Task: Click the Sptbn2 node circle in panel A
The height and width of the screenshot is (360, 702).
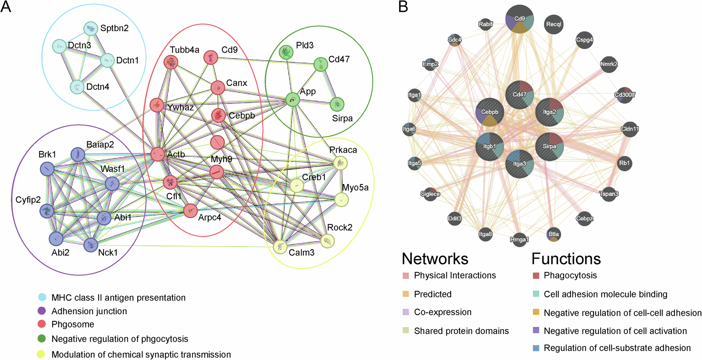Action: pyautogui.click(x=91, y=29)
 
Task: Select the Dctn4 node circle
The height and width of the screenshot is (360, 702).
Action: pyautogui.click(x=77, y=87)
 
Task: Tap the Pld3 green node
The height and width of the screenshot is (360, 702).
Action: pyautogui.click(x=286, y=52)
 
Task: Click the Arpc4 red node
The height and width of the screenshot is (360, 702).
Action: pyautogui.click(x=190, y=211)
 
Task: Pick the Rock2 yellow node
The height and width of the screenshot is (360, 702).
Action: pyautogui.click(x=327, y=241)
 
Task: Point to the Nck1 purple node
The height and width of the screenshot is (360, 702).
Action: pyautogui.click(x=91, y=245)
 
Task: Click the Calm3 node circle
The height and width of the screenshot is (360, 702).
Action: pyautogui.click(x=280, y=247)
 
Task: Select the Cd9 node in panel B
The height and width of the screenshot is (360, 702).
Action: pyautogui.click(x=519, y=19)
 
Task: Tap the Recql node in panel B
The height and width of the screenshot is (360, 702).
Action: pyautogui.click(x=554, y=24)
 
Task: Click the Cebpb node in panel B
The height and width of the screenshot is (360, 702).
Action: pyautogui.click(x=490, y=112)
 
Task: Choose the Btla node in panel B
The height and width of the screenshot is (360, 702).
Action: pyautogui.click(x=554, y=234)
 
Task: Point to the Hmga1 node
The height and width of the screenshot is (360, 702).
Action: pyautogui.click(x=519, y=240)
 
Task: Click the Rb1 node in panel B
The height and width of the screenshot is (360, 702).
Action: pyautogui.click(x=624, y=163)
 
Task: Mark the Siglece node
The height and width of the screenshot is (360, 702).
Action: pyautogui.click(x=430, y=194)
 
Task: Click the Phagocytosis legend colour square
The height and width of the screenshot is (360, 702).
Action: pyautogui.click(x=536, y=275)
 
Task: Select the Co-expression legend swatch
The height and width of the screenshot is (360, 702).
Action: pyautogui.click(x=406, y=312)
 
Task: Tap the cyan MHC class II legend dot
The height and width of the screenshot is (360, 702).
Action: pyautogui.click(x=42, y=297)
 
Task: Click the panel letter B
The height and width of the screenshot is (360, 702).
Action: pyautogui.click(x=403, y=7)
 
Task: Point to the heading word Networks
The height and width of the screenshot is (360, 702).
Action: pyautogui.click(x=435, y=259)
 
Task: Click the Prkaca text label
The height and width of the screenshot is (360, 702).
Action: pyautogui.click(x=343, y=150)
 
